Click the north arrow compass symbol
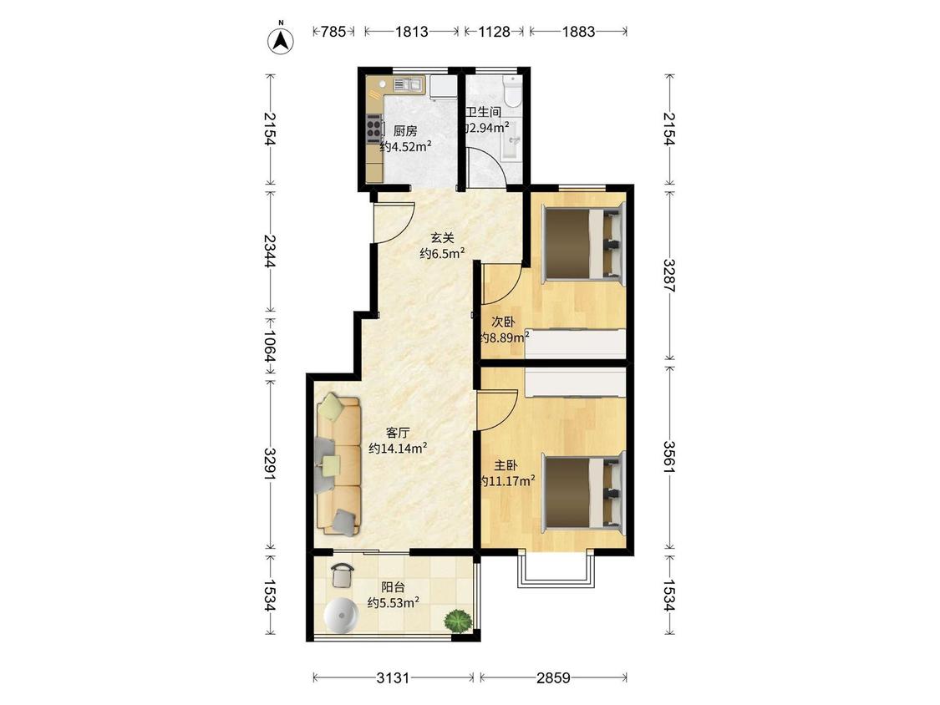(280, 39)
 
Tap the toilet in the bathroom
(513, 90)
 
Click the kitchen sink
(409, 84)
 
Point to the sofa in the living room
(338, 464)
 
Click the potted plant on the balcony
(458, 620)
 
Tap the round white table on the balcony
(343, 615)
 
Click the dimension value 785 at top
(333, 31)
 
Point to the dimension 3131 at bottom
(393, 678)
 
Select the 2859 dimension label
(553, 678)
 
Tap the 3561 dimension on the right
(669, 457)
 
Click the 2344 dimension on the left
(271, 251)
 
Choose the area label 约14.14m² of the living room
(398, 448)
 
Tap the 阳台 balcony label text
(394, 587)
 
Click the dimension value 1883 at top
(578, 31)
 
